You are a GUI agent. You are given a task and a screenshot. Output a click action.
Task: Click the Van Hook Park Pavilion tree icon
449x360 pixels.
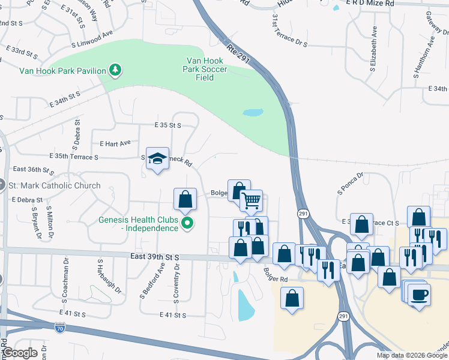(x=115, y=70)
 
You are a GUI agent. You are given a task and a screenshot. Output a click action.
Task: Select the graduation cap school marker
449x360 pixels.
(x=157, y=158)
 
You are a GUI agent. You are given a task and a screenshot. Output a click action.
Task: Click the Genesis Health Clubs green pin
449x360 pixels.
(x=187, y=224)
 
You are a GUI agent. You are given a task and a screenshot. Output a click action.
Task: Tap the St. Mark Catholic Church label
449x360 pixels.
(x=54, y=185)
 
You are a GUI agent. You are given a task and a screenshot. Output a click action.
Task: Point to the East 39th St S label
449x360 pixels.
(x=155, y=256)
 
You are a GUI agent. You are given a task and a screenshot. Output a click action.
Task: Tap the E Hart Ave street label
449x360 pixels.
(x=115, y=144)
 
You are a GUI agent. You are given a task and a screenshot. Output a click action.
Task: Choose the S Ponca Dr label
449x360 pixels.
(x=351, y=185)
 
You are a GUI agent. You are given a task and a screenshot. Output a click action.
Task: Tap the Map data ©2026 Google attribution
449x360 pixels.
(x=412, y=355)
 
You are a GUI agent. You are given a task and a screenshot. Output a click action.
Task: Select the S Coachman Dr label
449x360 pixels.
(x=64, y=280)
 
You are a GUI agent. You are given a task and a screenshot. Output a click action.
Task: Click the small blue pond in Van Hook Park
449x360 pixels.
(x=253, y=112)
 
